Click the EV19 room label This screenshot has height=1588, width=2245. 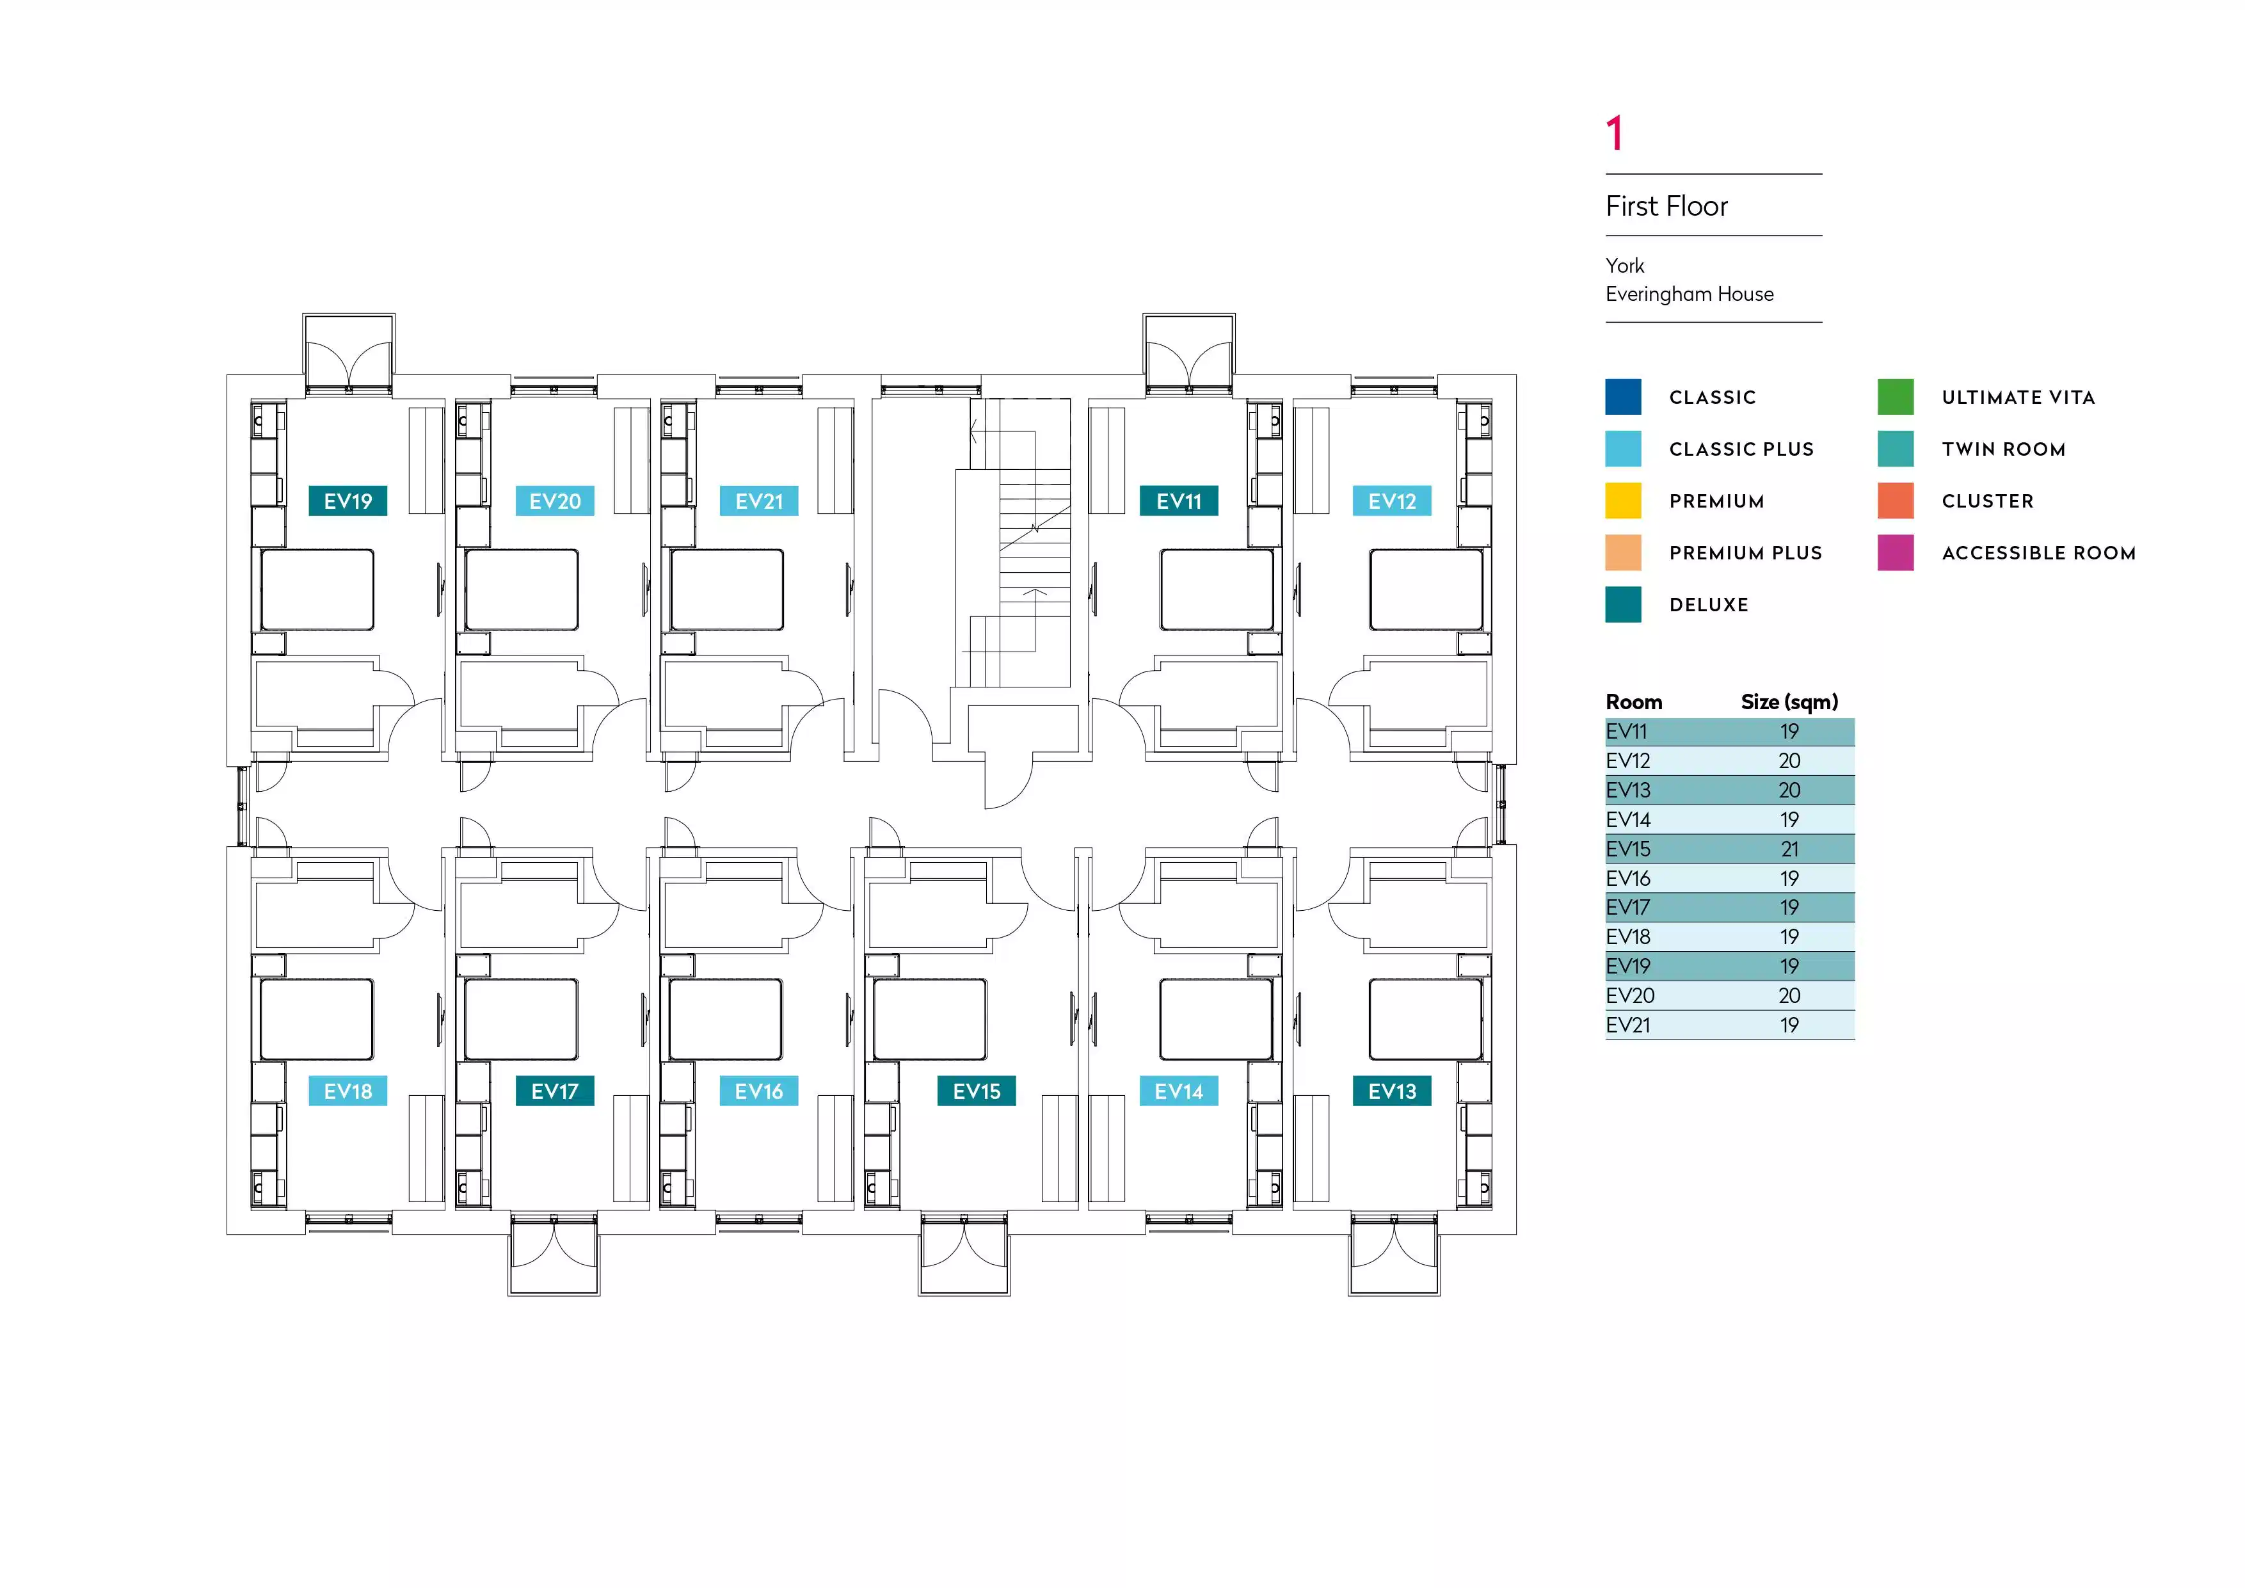click(348, 501)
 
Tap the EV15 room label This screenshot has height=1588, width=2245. click(976, 1091)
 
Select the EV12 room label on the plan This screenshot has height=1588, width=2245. click(1391, 501)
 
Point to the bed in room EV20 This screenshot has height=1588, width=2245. click(521, 589)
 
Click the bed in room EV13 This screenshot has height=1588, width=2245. click(1425, 1019)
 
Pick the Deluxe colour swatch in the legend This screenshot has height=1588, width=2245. click(1623, 604)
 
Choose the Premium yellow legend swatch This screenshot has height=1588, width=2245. click(1623, 501)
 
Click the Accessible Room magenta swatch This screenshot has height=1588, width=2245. click(1895, 552)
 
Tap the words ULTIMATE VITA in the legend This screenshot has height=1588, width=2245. click(2018, 397)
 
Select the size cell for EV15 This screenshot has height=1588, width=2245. click(1789, 849)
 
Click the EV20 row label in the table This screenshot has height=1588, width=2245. click(1630, 995)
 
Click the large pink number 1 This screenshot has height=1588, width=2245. click(1615, 133)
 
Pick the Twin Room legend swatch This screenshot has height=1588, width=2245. click(1895, 449)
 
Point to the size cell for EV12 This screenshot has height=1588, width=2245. click(1789, 761)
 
